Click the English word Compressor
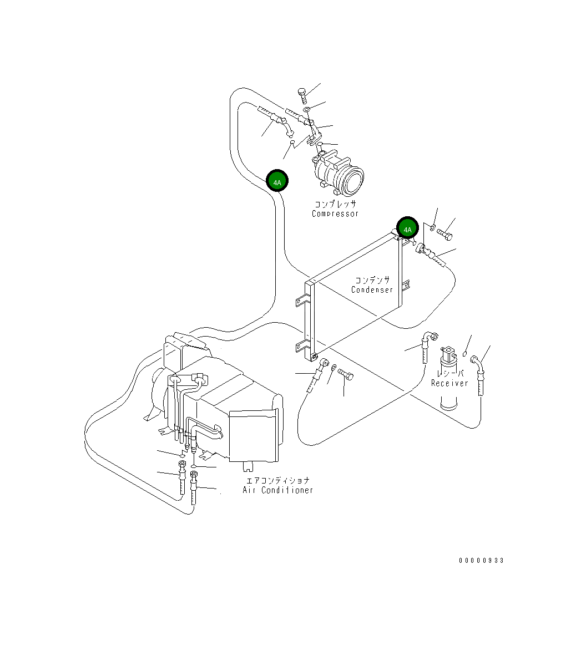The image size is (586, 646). tap(335, 214)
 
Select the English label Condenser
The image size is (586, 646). tap(372, 289)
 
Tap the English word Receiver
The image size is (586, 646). tap(449, 383)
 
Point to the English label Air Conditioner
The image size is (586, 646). tap(278, 490)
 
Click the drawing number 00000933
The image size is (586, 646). tap(481, 561)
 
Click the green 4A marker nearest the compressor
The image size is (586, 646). tap(277, 181)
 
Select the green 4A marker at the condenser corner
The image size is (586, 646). tap(408, 229)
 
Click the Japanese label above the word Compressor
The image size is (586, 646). tap(335, 204)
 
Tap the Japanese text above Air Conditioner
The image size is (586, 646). tap(278, 480)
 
